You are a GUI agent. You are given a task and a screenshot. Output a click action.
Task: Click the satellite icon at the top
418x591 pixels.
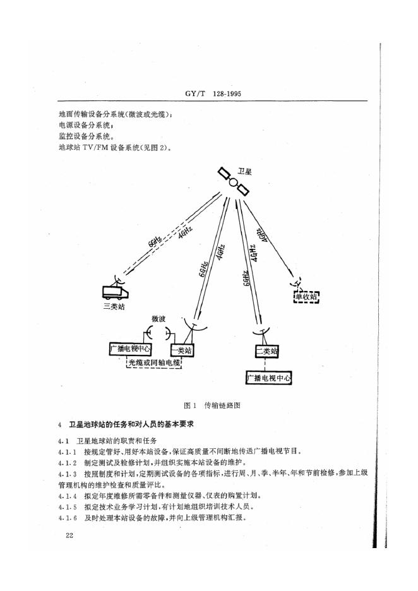(233, 182)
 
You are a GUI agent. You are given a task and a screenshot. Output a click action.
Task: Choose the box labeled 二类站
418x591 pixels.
(266, 351)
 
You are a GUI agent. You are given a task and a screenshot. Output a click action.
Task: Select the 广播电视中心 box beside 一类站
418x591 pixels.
(130, 349)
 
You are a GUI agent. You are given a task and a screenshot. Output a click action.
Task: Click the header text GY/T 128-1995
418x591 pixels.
(209, 94)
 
